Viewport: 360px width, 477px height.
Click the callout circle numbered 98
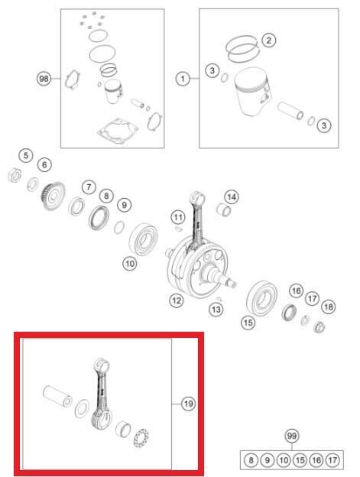point(44,79)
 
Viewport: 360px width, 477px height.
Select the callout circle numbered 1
point(183,79)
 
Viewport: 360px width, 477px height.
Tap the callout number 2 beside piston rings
point(268,41)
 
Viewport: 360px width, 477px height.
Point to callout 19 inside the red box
point(188,404)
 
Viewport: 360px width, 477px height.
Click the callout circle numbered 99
point(291,436)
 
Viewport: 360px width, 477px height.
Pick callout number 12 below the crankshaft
point(177,301)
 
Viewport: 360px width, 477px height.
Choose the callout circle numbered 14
point(232,197)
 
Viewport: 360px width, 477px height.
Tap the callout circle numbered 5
point(26,156)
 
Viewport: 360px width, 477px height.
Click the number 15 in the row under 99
point(300,460)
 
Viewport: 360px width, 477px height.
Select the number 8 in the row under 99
point(251,460)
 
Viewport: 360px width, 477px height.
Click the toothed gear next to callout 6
point(53,196)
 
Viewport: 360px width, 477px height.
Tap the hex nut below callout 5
point(15,176)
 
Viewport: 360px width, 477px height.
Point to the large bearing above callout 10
point(143,238)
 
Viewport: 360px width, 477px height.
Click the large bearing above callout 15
point(261,298)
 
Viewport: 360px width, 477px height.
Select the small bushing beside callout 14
point(223,210)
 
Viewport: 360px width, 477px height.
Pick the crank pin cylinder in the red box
point(57,396)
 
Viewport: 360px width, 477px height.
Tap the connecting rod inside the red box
point(102,394)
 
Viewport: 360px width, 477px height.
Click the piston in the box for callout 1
point(251,91)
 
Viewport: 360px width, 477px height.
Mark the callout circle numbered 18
point(329,307)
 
